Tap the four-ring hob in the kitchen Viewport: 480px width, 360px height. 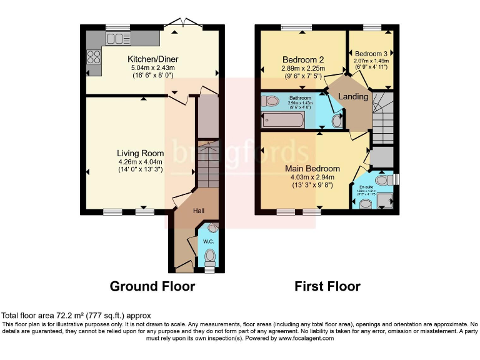pyautogui.click(x=94, y=57)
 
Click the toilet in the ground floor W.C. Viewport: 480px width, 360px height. pyautogui.click(x=210, y=256)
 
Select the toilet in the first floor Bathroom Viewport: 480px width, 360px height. pyautogui.click(x=271, y=101)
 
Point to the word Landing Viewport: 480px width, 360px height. pyautogui.click(x=353, y=96)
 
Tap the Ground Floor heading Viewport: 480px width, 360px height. pyautogui.click(x=152, y=286)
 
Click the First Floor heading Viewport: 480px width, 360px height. pyautogui.click(x=327, y=286)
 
